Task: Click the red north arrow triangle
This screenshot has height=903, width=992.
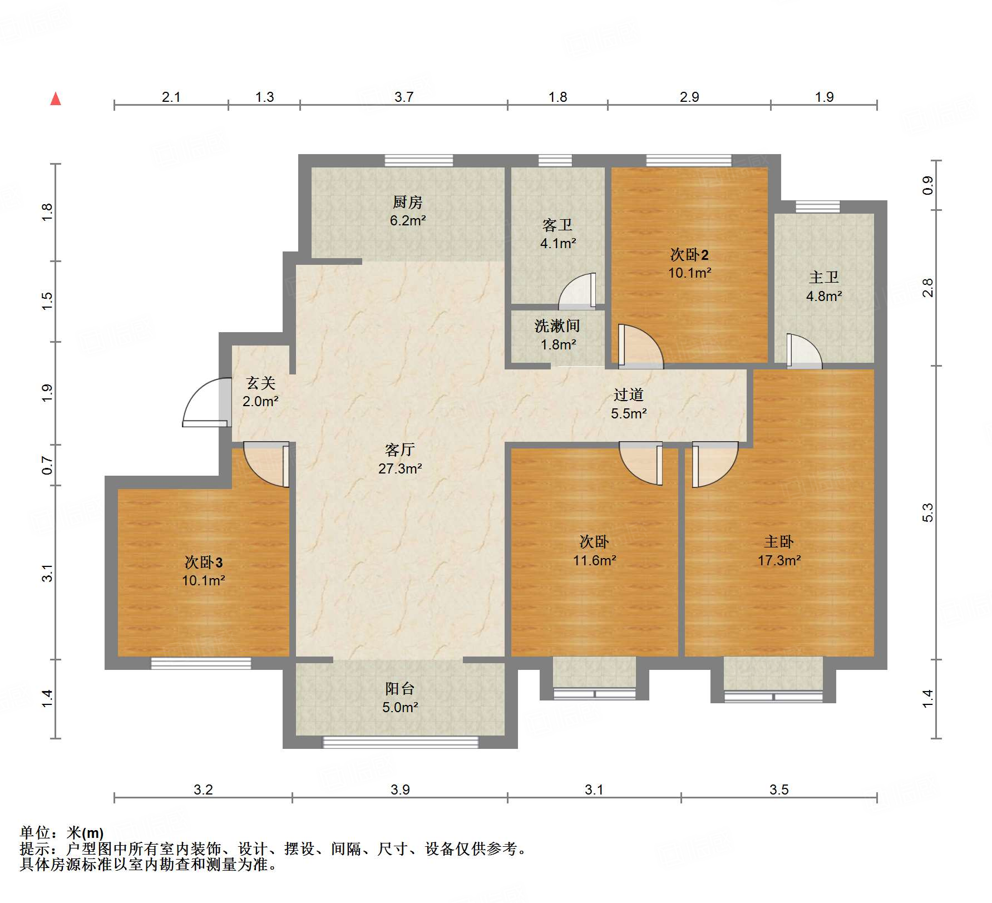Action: click(56, 98)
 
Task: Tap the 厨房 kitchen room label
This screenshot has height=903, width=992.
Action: click(407, 202)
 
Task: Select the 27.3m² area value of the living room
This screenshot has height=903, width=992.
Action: click(400, 468)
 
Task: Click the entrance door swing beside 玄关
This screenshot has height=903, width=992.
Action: click(206, 402)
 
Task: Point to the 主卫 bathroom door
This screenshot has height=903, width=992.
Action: click(805, 351)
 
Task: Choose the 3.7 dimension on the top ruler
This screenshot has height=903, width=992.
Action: click(404, 97)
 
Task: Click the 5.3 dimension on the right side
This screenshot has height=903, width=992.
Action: click(927, 512)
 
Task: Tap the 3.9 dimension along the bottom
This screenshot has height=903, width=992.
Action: click(400, 789)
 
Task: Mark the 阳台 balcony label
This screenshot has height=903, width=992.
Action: click(399, 689)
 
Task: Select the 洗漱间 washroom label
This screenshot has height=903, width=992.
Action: click(557, 326)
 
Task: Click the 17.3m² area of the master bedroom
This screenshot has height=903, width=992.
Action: click(779, 560)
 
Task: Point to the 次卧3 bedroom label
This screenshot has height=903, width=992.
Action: click(204, 562)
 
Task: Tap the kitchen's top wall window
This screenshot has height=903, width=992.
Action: click(419, 160)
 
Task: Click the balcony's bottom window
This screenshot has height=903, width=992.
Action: click(401, 742)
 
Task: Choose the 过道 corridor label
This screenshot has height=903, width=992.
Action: click(629, 394)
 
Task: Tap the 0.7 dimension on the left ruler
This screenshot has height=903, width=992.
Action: click(47, 465)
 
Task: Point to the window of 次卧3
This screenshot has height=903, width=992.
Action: click(201, 663)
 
